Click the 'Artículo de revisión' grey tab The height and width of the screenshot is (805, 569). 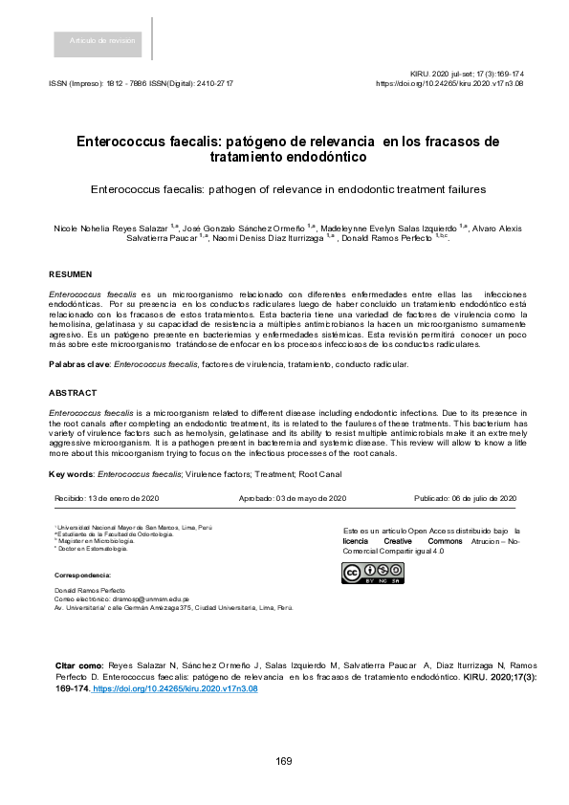[x=102, y=40]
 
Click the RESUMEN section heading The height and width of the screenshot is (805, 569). [x=70, y=274]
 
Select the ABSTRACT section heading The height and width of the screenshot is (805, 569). [x=73, y=393]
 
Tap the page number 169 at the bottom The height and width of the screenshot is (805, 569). [x=284, y=761]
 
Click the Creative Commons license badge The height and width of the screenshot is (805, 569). [x=372, y=573]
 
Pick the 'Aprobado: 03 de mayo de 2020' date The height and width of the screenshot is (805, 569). [x=292, y=499]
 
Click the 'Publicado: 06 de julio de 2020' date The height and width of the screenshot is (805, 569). [x=465, y=499]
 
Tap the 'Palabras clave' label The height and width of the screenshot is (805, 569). [x=79, y=365]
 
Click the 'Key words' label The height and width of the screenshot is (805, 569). [x=72, y=474]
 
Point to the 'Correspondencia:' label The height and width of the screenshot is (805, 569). [x=83, y=575]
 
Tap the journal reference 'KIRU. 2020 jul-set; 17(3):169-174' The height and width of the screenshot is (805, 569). [x=467, y=74]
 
